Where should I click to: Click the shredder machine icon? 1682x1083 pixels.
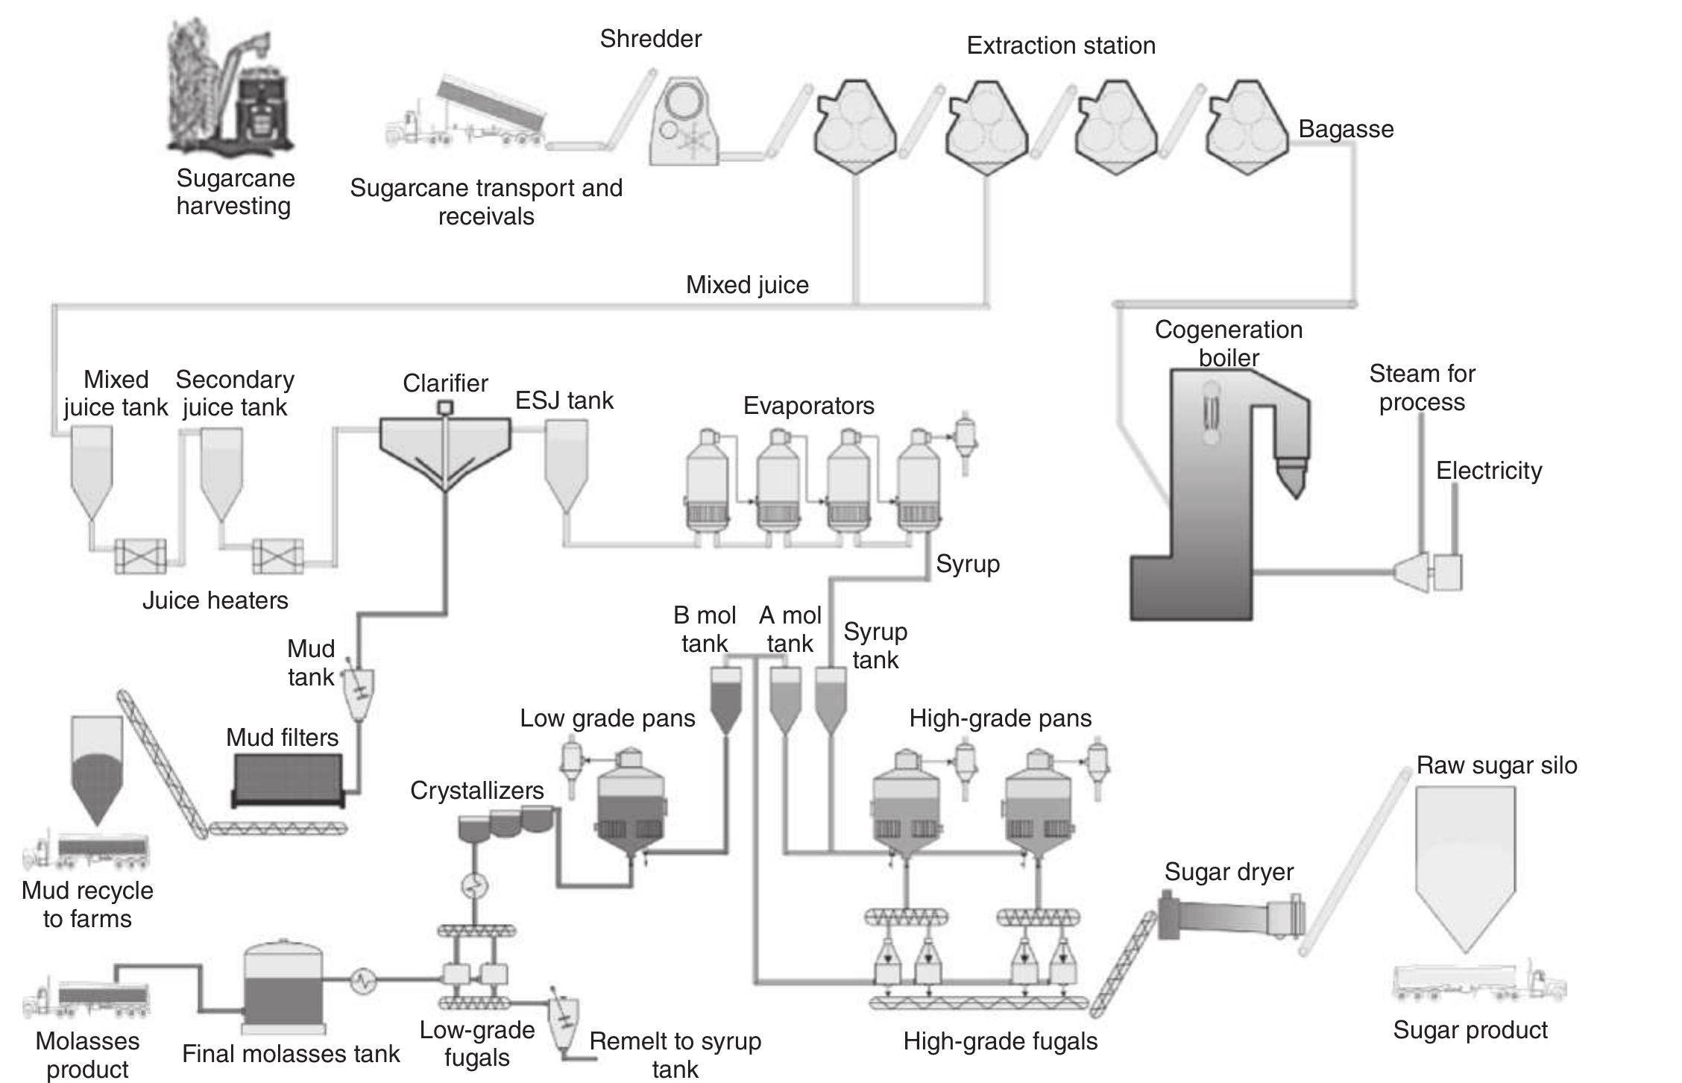pyautogui.click(x=682, y=123)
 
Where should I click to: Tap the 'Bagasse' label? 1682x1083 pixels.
pyautogui.click(x=1346, y=129)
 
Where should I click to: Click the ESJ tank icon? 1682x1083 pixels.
pyautogui.click(x=567, y=462)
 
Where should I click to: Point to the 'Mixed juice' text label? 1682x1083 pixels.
pyautogui.click(x=747, y=285)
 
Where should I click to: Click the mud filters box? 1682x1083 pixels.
pyautogui.click(x=287, y=779)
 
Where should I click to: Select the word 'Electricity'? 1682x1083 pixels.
pyautogui.click(x=1489, y=471)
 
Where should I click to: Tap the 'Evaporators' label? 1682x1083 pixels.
pyautogui.click(x=808, y=406)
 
